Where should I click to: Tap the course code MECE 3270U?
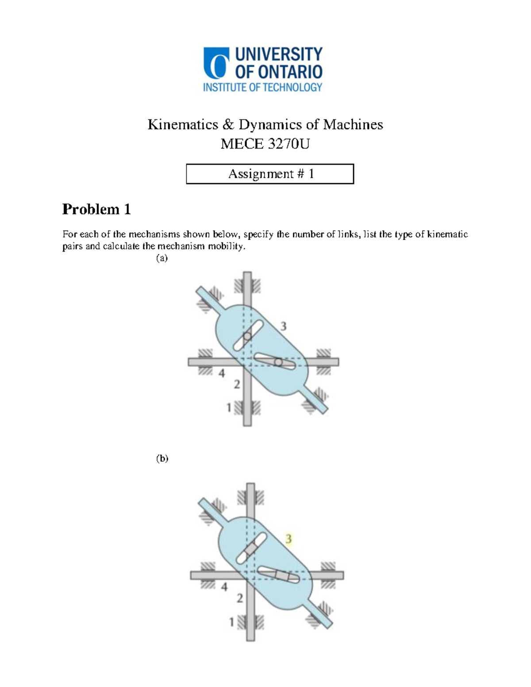pos(265,144)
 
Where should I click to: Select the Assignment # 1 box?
pos(270,174)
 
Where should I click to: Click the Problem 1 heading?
pos(96,209)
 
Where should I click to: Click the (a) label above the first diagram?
pos(162,258)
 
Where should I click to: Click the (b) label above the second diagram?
pos(162,458)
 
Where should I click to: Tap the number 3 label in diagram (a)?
pos(283,326)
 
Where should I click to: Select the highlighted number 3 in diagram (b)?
pos(289,539)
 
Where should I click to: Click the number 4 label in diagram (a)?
pos(222,373)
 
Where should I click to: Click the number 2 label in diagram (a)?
pos(237,384)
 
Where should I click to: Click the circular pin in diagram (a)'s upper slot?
pos(247,337)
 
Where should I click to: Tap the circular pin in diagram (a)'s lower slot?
pos(278,362)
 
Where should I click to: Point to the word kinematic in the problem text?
pos(447,234)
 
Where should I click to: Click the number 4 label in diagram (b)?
pos(224,587)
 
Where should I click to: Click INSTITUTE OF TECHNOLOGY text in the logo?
pos(262,87)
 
